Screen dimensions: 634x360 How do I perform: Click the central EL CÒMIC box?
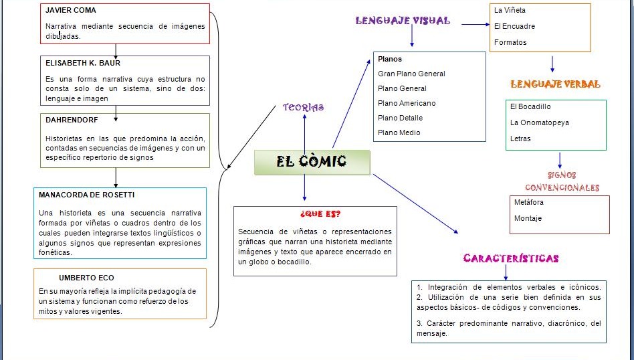click(312, 163)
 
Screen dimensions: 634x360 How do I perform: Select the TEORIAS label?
click(303, 107)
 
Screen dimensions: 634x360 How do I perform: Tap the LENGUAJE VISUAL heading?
click(403, 21)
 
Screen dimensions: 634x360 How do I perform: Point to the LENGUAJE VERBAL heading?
click(555, 84)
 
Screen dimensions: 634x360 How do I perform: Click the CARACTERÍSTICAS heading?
click(511, 258)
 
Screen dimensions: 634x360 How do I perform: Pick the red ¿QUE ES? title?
click(320, 214)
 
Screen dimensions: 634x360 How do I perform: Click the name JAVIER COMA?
click(70, 11)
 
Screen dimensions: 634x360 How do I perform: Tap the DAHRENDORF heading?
click(72, 120)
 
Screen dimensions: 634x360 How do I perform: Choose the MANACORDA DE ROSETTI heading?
click(86, 195)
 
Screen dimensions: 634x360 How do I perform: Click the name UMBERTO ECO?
click(86, 278)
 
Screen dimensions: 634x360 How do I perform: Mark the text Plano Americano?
click(406, 103)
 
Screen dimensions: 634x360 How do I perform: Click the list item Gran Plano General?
click(411, 74)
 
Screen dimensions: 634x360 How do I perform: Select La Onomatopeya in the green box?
click(540, 122)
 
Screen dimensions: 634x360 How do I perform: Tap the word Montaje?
click(528, 218)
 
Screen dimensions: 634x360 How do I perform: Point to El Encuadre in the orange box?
click(514, 26)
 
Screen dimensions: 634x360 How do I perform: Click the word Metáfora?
click(528, 202)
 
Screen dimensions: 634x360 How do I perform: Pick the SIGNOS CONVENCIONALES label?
click(562, 181)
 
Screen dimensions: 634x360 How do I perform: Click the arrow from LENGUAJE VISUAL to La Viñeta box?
click(476, 25)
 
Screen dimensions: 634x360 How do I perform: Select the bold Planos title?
click(390, 59)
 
